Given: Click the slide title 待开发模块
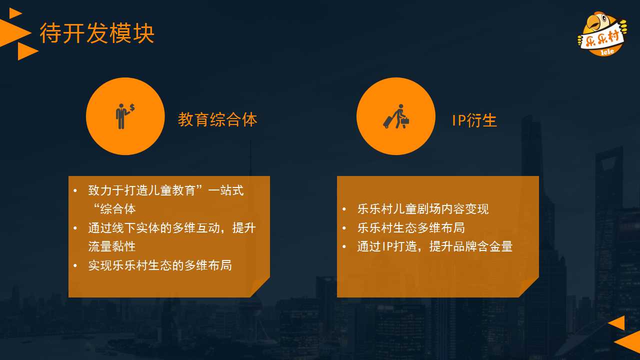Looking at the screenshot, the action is pos(97,33).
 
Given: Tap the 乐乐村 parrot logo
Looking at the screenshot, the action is pos(602,33).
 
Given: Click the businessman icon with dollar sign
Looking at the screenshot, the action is pos(125,116).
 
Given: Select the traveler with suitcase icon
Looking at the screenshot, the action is pos(396,116).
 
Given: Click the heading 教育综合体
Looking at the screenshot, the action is pos(217,119).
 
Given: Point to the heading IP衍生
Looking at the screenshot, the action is pos(474,120).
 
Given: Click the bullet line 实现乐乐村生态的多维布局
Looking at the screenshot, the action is pos(159,265).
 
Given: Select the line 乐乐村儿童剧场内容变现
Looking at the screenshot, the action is pos(423,209).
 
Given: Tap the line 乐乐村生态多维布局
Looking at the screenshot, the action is pos(411,227).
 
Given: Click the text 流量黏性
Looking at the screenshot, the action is pos(111,246).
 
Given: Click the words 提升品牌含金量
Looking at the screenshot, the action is pos(471,246).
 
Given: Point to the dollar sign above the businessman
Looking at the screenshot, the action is pos(132,107).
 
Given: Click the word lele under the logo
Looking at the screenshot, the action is pos(607,51).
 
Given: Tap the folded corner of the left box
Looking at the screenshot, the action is pos(259,287).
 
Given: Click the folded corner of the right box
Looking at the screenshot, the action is pos(529,287).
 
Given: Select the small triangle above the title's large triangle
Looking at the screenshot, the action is pos(15,13).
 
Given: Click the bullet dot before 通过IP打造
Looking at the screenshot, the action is pos(344,246).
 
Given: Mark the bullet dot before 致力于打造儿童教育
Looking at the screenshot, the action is pos(75,190).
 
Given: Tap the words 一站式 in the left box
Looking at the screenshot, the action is pos(225,190).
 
